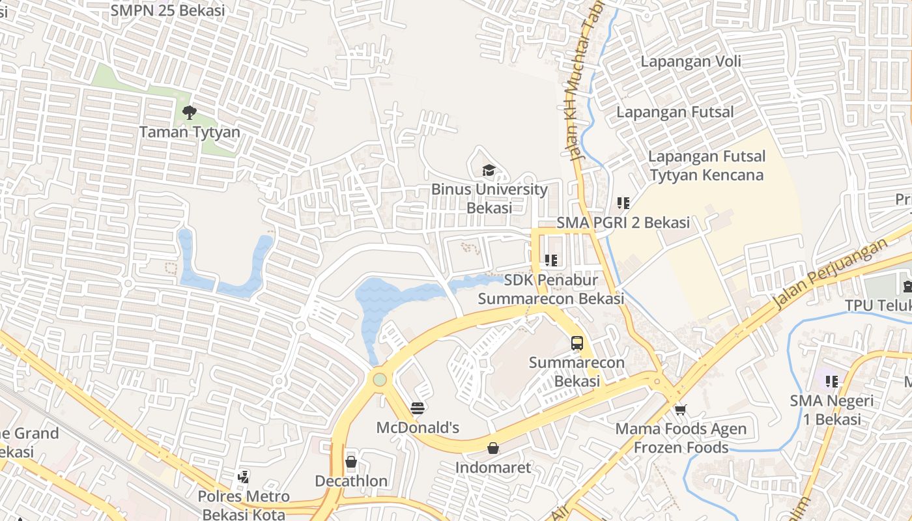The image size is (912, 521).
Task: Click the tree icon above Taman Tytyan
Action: [x=189, y=113]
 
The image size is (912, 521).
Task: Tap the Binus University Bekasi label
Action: [x=489, y=199]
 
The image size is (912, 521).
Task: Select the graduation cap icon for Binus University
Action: [x=489, y=171]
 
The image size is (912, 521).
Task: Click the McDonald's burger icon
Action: [x=418, y=408]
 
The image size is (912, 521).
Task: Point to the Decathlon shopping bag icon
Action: [x=351, y=462]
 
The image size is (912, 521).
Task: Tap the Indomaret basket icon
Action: [x=493, y=448]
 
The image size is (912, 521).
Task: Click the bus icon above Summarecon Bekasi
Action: [x=577, y=343]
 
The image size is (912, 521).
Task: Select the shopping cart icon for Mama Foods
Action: [x=681, y=410]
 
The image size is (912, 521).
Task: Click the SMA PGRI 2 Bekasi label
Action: [x=623, y=223]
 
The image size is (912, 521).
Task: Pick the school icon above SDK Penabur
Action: [x=551, y=260]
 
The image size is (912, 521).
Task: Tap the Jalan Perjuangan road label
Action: [x=830, y=274]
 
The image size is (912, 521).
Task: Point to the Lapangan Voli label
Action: [x=691, y=62]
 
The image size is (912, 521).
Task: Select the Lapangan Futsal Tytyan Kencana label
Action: [x=707, y=166]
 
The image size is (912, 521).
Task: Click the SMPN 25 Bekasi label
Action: [x=167, y=10]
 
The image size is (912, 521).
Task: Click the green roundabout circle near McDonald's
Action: [x=380, y=379]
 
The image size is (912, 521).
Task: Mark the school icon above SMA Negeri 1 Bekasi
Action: [x=831, y=381]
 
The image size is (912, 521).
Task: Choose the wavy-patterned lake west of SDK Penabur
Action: [x=391, y=296]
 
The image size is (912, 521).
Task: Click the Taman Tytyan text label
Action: [x=190, y=132]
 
